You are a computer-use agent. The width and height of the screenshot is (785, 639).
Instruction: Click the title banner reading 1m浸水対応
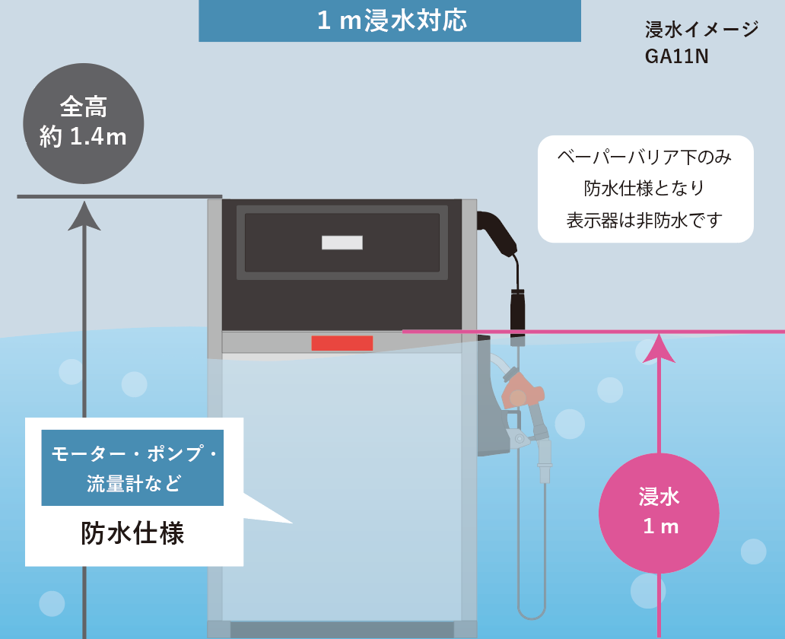click(x=389, y=21)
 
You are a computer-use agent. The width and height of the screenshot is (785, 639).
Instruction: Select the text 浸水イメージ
click(x=701, y=30)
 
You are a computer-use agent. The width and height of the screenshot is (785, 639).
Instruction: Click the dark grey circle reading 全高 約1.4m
click(x=83, y=123)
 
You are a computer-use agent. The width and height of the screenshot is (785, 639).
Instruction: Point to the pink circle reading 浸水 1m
click(x=659, y=513)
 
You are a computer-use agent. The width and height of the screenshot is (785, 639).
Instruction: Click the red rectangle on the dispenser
click(x=342, y=343)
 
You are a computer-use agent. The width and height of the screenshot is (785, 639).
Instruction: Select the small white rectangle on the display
click(x=342, y=243)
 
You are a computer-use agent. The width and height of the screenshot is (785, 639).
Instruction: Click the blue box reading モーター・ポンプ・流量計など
click(x=132, y=468)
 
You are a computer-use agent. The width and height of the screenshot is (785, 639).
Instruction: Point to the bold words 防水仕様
click(x=132, y=533)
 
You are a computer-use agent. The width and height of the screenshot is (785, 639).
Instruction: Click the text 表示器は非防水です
click(x=644, y=221)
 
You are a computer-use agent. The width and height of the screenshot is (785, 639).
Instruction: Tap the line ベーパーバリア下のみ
click(x=644, y=157)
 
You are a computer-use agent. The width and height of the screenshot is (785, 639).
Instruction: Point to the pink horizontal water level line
click(x=593, y=332)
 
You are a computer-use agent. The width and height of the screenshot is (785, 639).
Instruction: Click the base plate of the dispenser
click(x=342, y=630)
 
